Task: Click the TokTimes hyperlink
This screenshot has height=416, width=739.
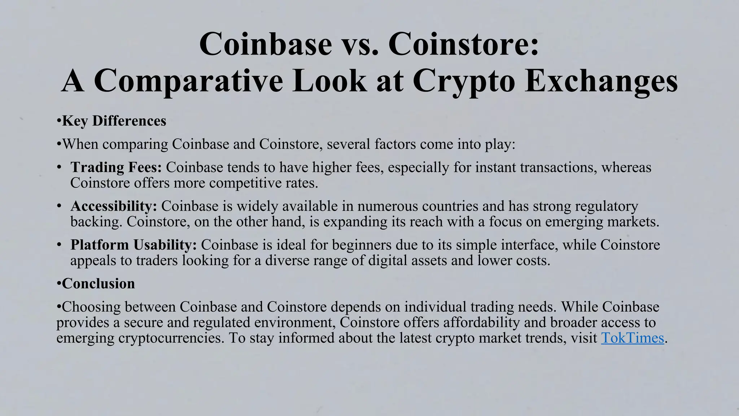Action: point(632,338)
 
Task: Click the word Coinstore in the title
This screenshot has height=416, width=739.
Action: point(463,44)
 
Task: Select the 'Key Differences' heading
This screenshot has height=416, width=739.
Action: point(114,121)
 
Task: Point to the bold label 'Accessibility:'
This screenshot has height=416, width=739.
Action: point(114,206)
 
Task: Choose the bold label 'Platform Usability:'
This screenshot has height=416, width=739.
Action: point(134,245)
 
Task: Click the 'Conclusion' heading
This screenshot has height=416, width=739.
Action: point(98,284)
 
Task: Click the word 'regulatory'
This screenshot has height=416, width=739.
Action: point(607,206)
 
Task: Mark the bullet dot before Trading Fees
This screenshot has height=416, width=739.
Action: point(59,168)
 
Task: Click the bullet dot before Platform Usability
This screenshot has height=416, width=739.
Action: point(59,245)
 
